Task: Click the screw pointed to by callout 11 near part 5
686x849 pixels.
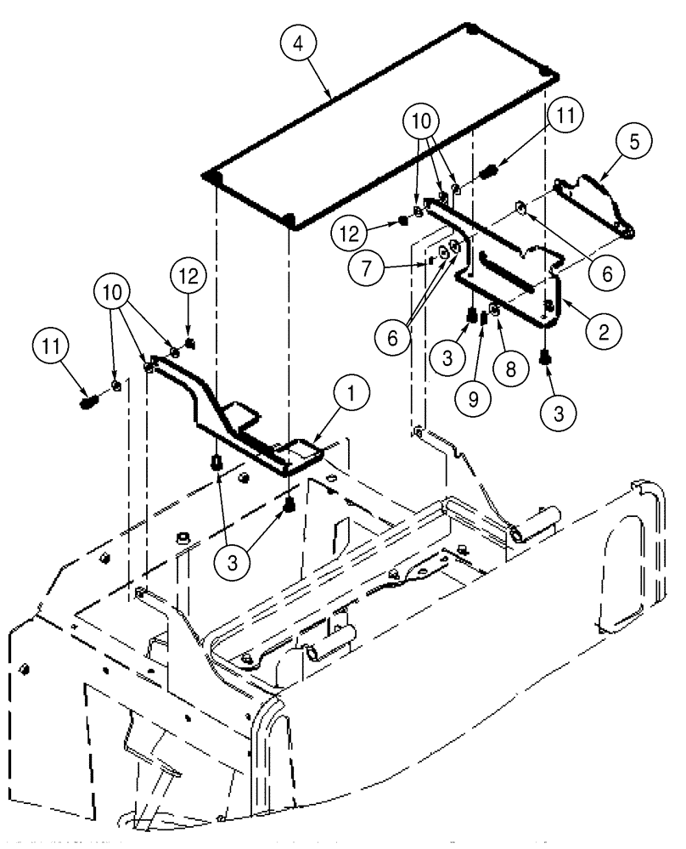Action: coord(488,175)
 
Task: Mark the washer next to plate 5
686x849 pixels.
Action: coord(520,206)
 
